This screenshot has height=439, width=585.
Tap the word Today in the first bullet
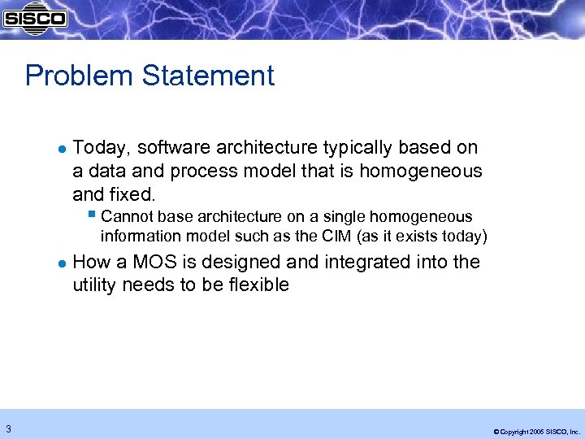(x=102, y=148)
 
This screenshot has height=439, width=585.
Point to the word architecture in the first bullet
(x=269, y=148)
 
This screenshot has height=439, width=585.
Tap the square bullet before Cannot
(x=92, y=216)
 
